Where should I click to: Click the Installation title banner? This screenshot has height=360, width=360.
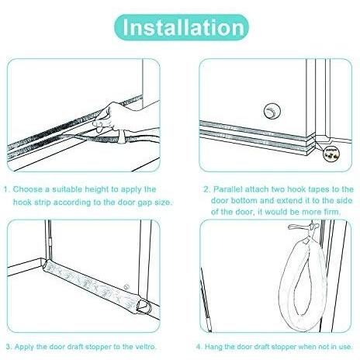(x=182, y=27)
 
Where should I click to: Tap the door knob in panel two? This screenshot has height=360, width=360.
(x=272, y=111)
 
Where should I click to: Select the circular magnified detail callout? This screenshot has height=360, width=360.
(x=332, y=154)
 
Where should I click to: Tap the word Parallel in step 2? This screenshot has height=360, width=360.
(x=228, y=189)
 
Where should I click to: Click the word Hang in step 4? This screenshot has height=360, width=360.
(x=212, y=347)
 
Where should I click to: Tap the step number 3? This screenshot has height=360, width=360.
(x=9, y=347)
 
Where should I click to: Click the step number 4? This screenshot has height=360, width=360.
(x=199, y=347)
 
